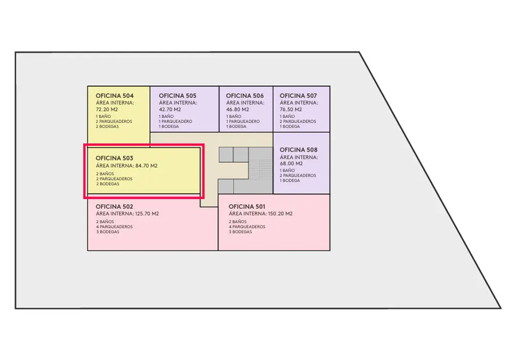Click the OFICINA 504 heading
pyautogui.click(x=115, y=96)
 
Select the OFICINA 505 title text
pyautogui.click(x=177, y=96)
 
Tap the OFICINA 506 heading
pyautogui.click(x=245, y=96)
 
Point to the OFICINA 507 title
pyautogui.click(x=298, y=96)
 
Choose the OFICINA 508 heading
pyautogui.click(x=298, y=150)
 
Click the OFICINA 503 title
pyautogui.click(x=115, y=158)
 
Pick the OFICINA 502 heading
pyautogui.click(x=115, y=206)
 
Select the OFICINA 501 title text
pyautogui.click(x=248, y=206)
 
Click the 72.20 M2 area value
pyautogui.click(x=107, y=110)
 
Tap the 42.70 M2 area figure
pyautogui.click(x=170, y=110)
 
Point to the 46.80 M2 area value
pyautogui.click(x=237, y=110)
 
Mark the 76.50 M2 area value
pyautogui.click(x=291, y=110)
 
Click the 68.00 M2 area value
pyautogui.click(x=291, y=164)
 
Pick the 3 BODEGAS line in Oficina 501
pyautogui.click(x=241, y=232)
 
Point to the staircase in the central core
pyautogui.click(x=261, y=170)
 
